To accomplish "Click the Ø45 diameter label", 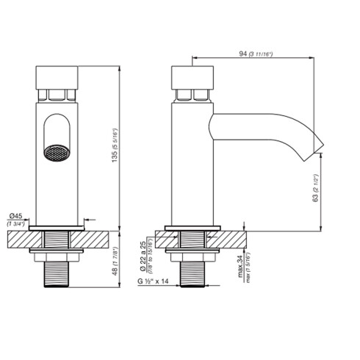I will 16,215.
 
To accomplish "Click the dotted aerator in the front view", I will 56,154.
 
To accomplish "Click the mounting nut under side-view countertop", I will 193,257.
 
